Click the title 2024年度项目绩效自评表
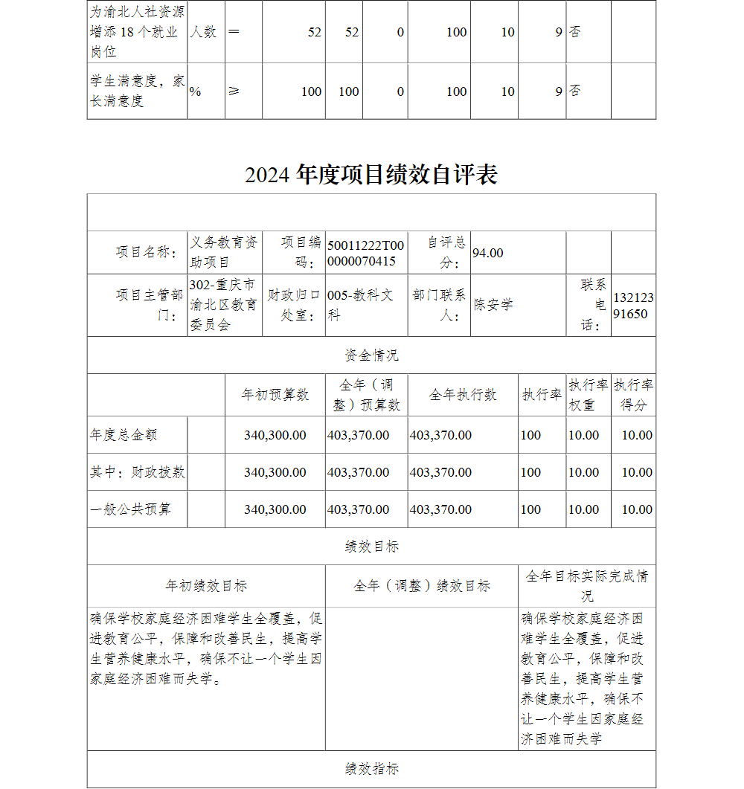[x=371, y=175]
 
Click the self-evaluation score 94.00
[x=488, y=253]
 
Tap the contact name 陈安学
[x=493, y=305]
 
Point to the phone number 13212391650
[x=633, y=306]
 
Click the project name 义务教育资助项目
[x=224, y=252]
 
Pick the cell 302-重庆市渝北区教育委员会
[x=223, y=305]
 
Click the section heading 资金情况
[x=371, y=355]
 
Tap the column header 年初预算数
[x=275, y=395]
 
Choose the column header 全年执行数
[x=462, y=395]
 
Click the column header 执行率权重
[x=588, y=395]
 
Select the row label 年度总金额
[x=124, y=435]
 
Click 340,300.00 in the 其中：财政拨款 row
[x=275, y=472]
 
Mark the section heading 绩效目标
[x=371, y=547]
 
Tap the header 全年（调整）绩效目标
[x=421, y=586]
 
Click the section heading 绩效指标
[x=371, y=769]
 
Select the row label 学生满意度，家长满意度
[x=137, y=91]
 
